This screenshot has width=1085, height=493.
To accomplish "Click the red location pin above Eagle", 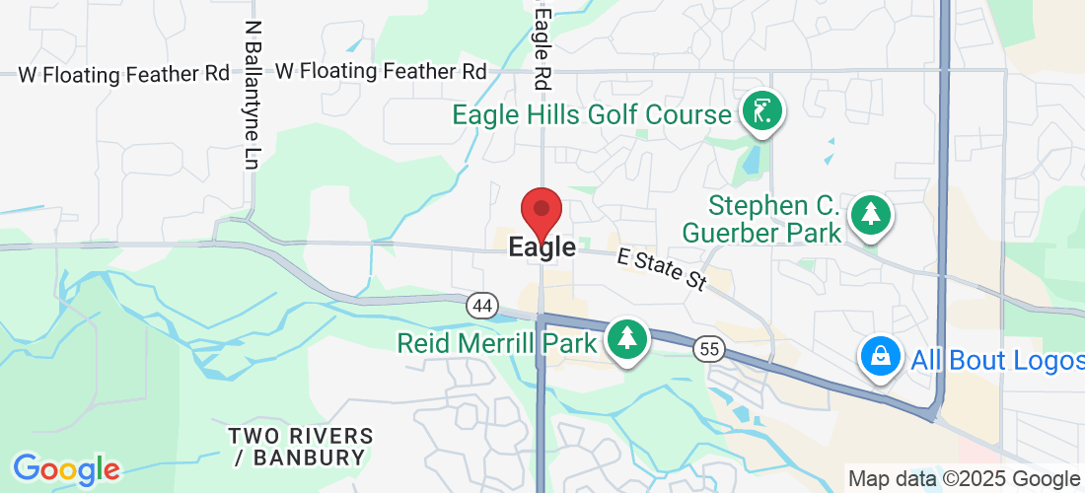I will pos(542,210).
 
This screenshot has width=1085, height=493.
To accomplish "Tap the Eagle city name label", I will pos(542,247).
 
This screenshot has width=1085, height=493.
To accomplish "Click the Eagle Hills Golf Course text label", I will pos(592,115).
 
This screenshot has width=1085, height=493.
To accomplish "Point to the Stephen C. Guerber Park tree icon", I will pos(870,215).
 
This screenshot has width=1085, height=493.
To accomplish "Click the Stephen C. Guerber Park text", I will pos(774,220).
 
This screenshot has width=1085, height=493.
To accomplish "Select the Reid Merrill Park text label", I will pos(497,343).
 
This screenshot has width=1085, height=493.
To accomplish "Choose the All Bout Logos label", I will pos(996,360).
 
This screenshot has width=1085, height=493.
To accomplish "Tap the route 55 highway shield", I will pos(707,348).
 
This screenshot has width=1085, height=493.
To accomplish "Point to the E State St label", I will pos(662,269).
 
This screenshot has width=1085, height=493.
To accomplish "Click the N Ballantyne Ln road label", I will pos(254,94).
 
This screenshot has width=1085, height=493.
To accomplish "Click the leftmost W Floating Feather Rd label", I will pos(124,74).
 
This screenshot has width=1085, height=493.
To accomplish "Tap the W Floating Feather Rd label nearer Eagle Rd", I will pos(382,71).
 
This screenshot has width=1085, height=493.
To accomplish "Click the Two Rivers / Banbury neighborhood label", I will pos(301,447).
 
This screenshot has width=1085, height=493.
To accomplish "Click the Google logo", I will pos(66,469).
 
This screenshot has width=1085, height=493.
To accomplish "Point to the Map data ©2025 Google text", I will pos(965,479).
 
